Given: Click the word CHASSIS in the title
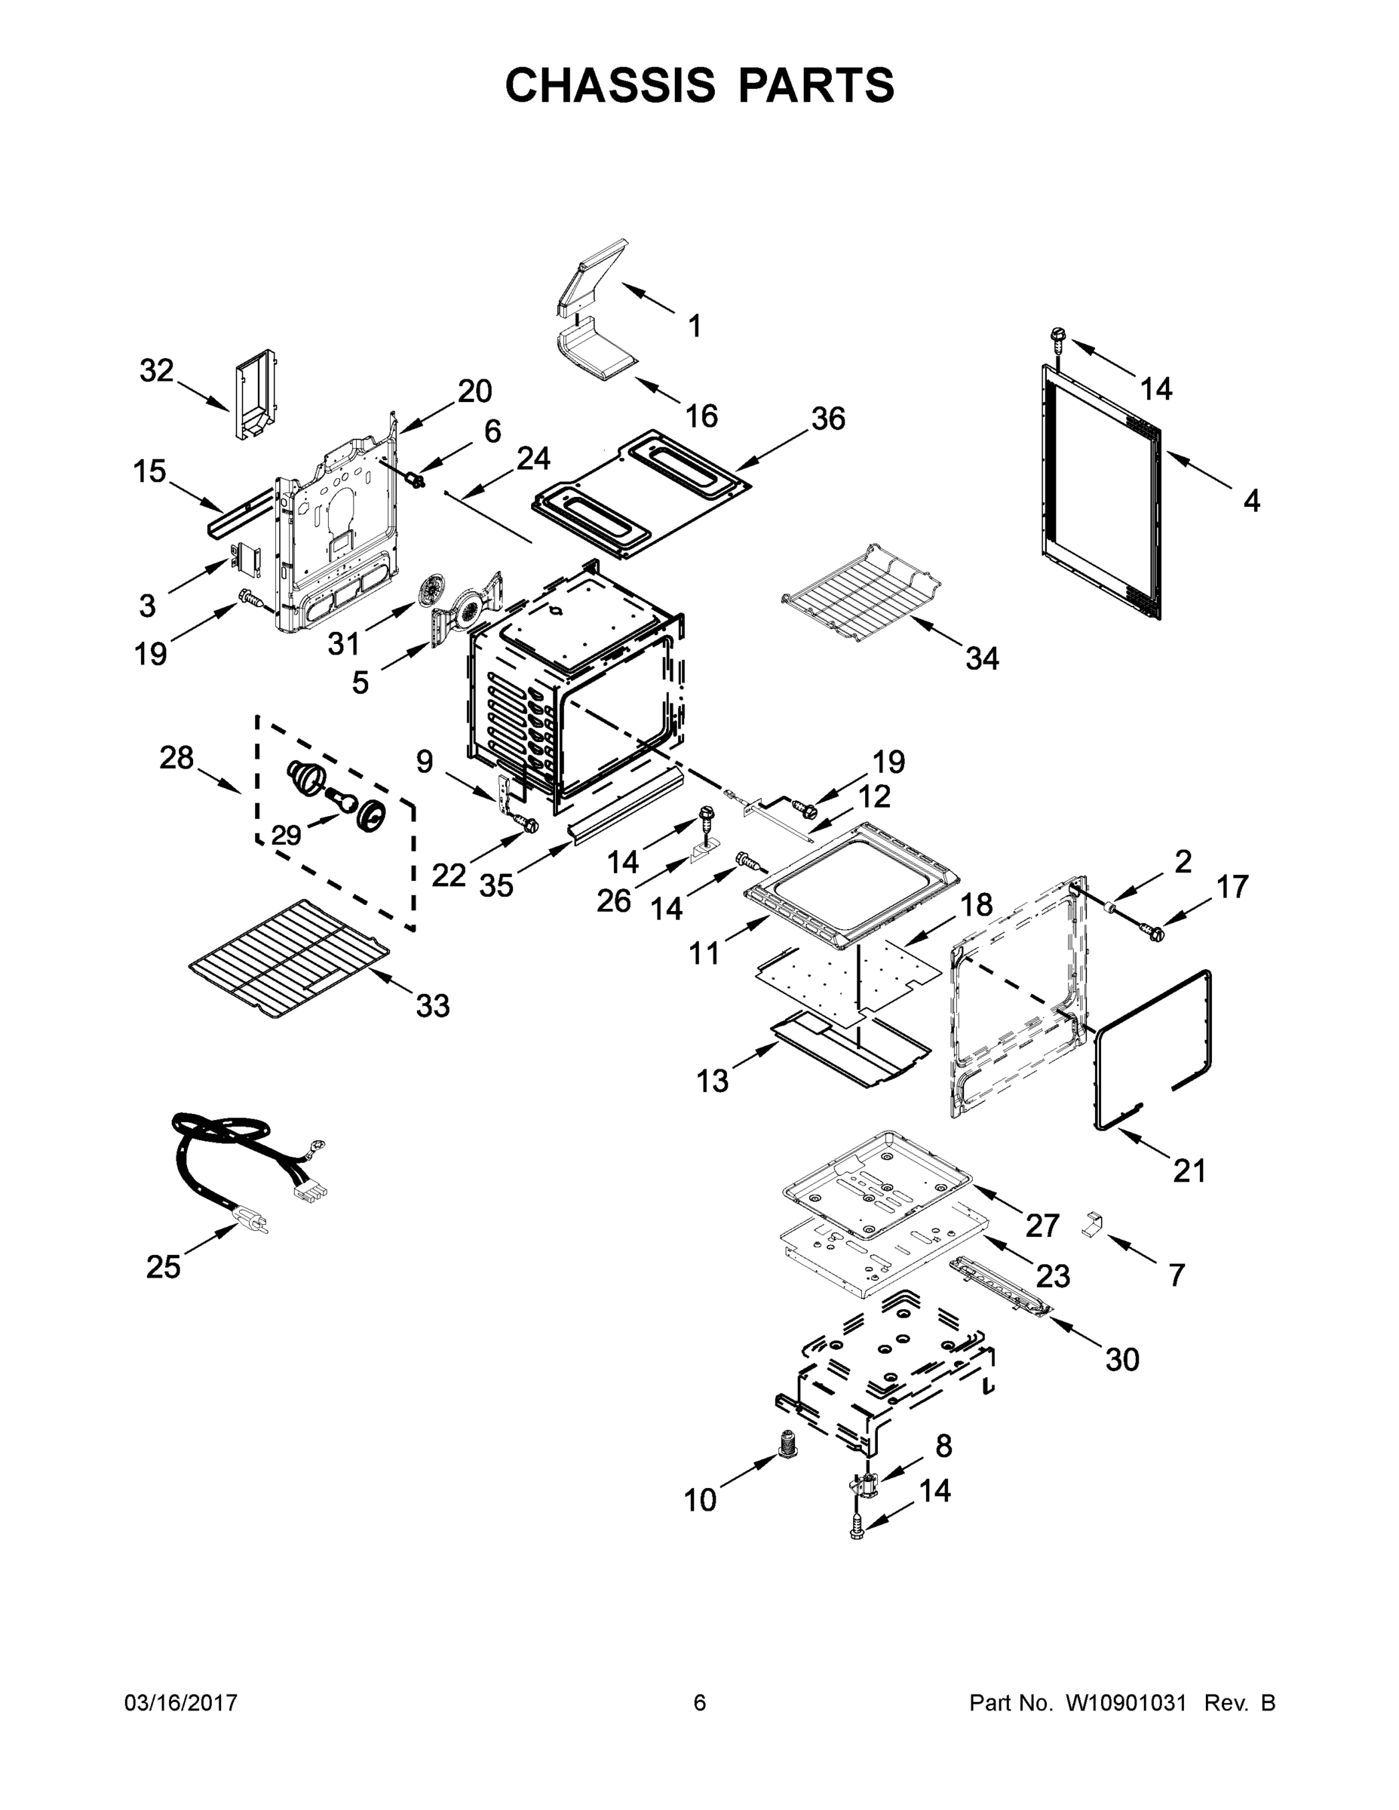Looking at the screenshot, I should [610, 84].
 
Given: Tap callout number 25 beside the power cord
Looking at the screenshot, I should [163, 1266].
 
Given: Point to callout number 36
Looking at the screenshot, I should [828, 419].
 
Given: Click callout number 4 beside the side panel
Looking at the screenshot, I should [1251, 501].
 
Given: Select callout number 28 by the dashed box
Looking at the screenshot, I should [176, 757].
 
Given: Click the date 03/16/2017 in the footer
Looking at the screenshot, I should [181, 1702].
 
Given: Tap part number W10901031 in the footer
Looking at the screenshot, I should [1125, 1702].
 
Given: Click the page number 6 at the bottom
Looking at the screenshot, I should [700, 1702].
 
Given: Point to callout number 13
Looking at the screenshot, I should [712, 1081].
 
